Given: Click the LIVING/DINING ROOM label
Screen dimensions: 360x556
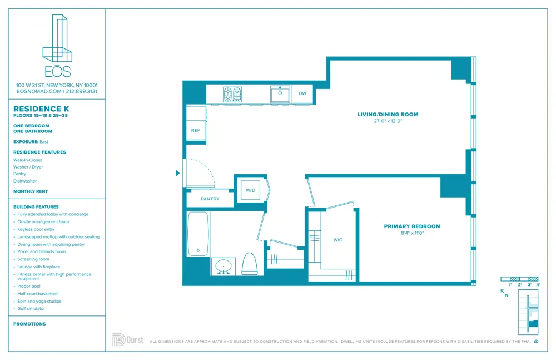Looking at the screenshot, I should pos(388,115).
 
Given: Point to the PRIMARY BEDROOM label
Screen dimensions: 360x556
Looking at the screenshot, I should pos(412,226).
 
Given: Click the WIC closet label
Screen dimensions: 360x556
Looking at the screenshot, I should pos(338,240).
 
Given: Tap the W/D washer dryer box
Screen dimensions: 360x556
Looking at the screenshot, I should pos(251,190).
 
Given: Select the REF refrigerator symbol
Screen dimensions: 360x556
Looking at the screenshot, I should pos(196,131).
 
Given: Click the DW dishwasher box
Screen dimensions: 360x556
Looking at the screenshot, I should pos(302,93).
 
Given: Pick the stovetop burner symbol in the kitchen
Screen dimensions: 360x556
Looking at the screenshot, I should pos(232,94).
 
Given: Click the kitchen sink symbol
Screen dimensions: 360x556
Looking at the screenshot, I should pos(280,94).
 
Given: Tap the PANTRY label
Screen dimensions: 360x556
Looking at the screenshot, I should pos(210,199).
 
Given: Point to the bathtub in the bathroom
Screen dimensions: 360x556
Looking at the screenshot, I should pos(198,233).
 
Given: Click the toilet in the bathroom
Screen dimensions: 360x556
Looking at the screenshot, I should pos(250,263).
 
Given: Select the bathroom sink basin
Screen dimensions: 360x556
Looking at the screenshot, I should pos(224,266).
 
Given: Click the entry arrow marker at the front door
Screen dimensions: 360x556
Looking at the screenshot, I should pos(178,173).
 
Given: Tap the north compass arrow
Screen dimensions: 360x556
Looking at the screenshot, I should pos(503,292).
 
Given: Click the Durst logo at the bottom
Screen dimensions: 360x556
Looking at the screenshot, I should pos(128,339).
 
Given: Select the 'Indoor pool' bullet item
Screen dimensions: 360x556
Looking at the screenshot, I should pos(29,286).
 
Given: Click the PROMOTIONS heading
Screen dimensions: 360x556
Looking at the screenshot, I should pos(29,324).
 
